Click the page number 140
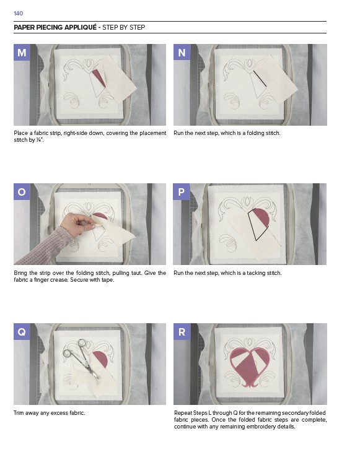19,14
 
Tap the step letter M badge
22,53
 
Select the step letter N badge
182,53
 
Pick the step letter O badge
22,191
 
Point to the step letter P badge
182,191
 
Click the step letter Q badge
22,331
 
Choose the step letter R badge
182,331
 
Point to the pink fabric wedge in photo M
99,77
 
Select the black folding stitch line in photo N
260,79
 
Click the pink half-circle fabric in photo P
261,217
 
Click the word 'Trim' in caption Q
19,413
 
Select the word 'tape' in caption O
107,280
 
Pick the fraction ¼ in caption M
38,140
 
